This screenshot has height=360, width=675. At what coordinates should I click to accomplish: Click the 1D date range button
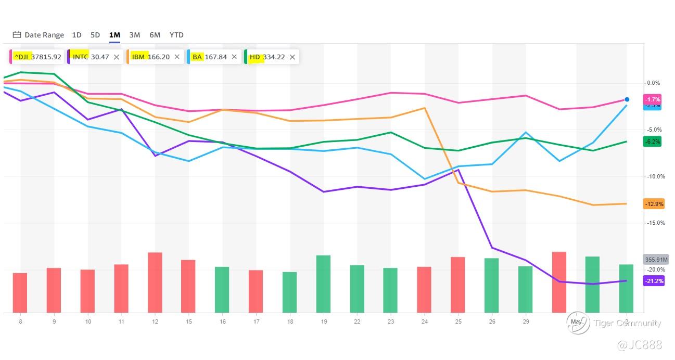point(77,35)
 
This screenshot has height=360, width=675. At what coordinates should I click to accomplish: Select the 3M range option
point(134,35)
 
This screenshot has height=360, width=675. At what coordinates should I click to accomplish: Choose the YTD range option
point(176,35)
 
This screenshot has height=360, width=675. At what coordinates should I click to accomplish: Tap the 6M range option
point(155,35)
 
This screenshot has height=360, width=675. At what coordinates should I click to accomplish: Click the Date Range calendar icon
point(17,35)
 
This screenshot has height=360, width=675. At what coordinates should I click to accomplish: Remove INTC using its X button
point(117,57)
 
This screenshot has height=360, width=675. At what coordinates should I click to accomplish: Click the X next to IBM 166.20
point(177,57)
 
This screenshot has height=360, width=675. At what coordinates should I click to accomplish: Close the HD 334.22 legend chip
point(292,57)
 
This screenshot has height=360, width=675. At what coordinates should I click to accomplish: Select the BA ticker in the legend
point(197,57)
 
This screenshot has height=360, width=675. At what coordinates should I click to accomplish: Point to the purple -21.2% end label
point(654,281)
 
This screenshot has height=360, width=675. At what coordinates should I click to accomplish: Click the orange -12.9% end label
point(654,204)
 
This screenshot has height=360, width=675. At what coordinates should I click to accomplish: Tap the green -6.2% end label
point(653,142)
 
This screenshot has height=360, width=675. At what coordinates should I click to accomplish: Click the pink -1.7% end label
point(653,99)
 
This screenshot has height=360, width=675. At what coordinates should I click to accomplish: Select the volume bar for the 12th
point(155,282)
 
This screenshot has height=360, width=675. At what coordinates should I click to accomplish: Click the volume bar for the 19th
point(323,284)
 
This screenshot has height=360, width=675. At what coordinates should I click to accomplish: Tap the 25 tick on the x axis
point(458,322)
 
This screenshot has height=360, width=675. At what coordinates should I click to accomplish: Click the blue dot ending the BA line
point(627,99)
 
